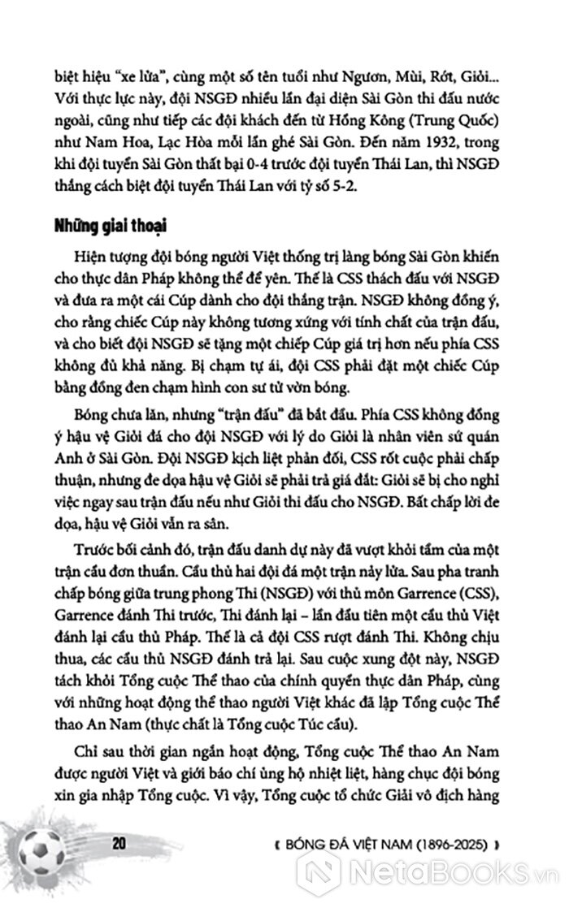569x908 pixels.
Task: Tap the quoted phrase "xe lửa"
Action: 113,60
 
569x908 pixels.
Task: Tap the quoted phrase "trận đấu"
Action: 258,413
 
